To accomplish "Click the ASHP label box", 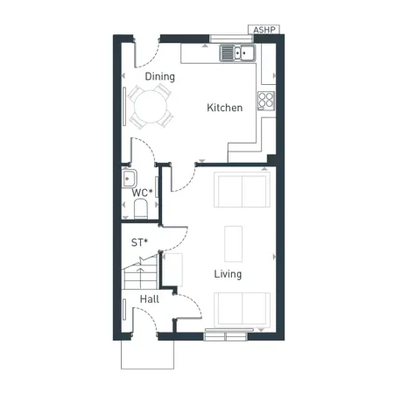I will [x=264, y=30].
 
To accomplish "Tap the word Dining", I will [x=160, y=76].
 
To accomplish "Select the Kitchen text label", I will [x=224, y=109].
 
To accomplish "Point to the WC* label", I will [x=142, y=193].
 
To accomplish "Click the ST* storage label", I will [x=138, y=242].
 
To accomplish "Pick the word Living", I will [x=228, y=274].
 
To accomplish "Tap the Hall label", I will [x=150, y=299].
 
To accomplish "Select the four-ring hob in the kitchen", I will [x=266, y=100].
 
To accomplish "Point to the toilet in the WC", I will [x=140, y=208].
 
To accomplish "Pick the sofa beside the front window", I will [x=243, y=307].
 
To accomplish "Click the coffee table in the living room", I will [x=234, y=243].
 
